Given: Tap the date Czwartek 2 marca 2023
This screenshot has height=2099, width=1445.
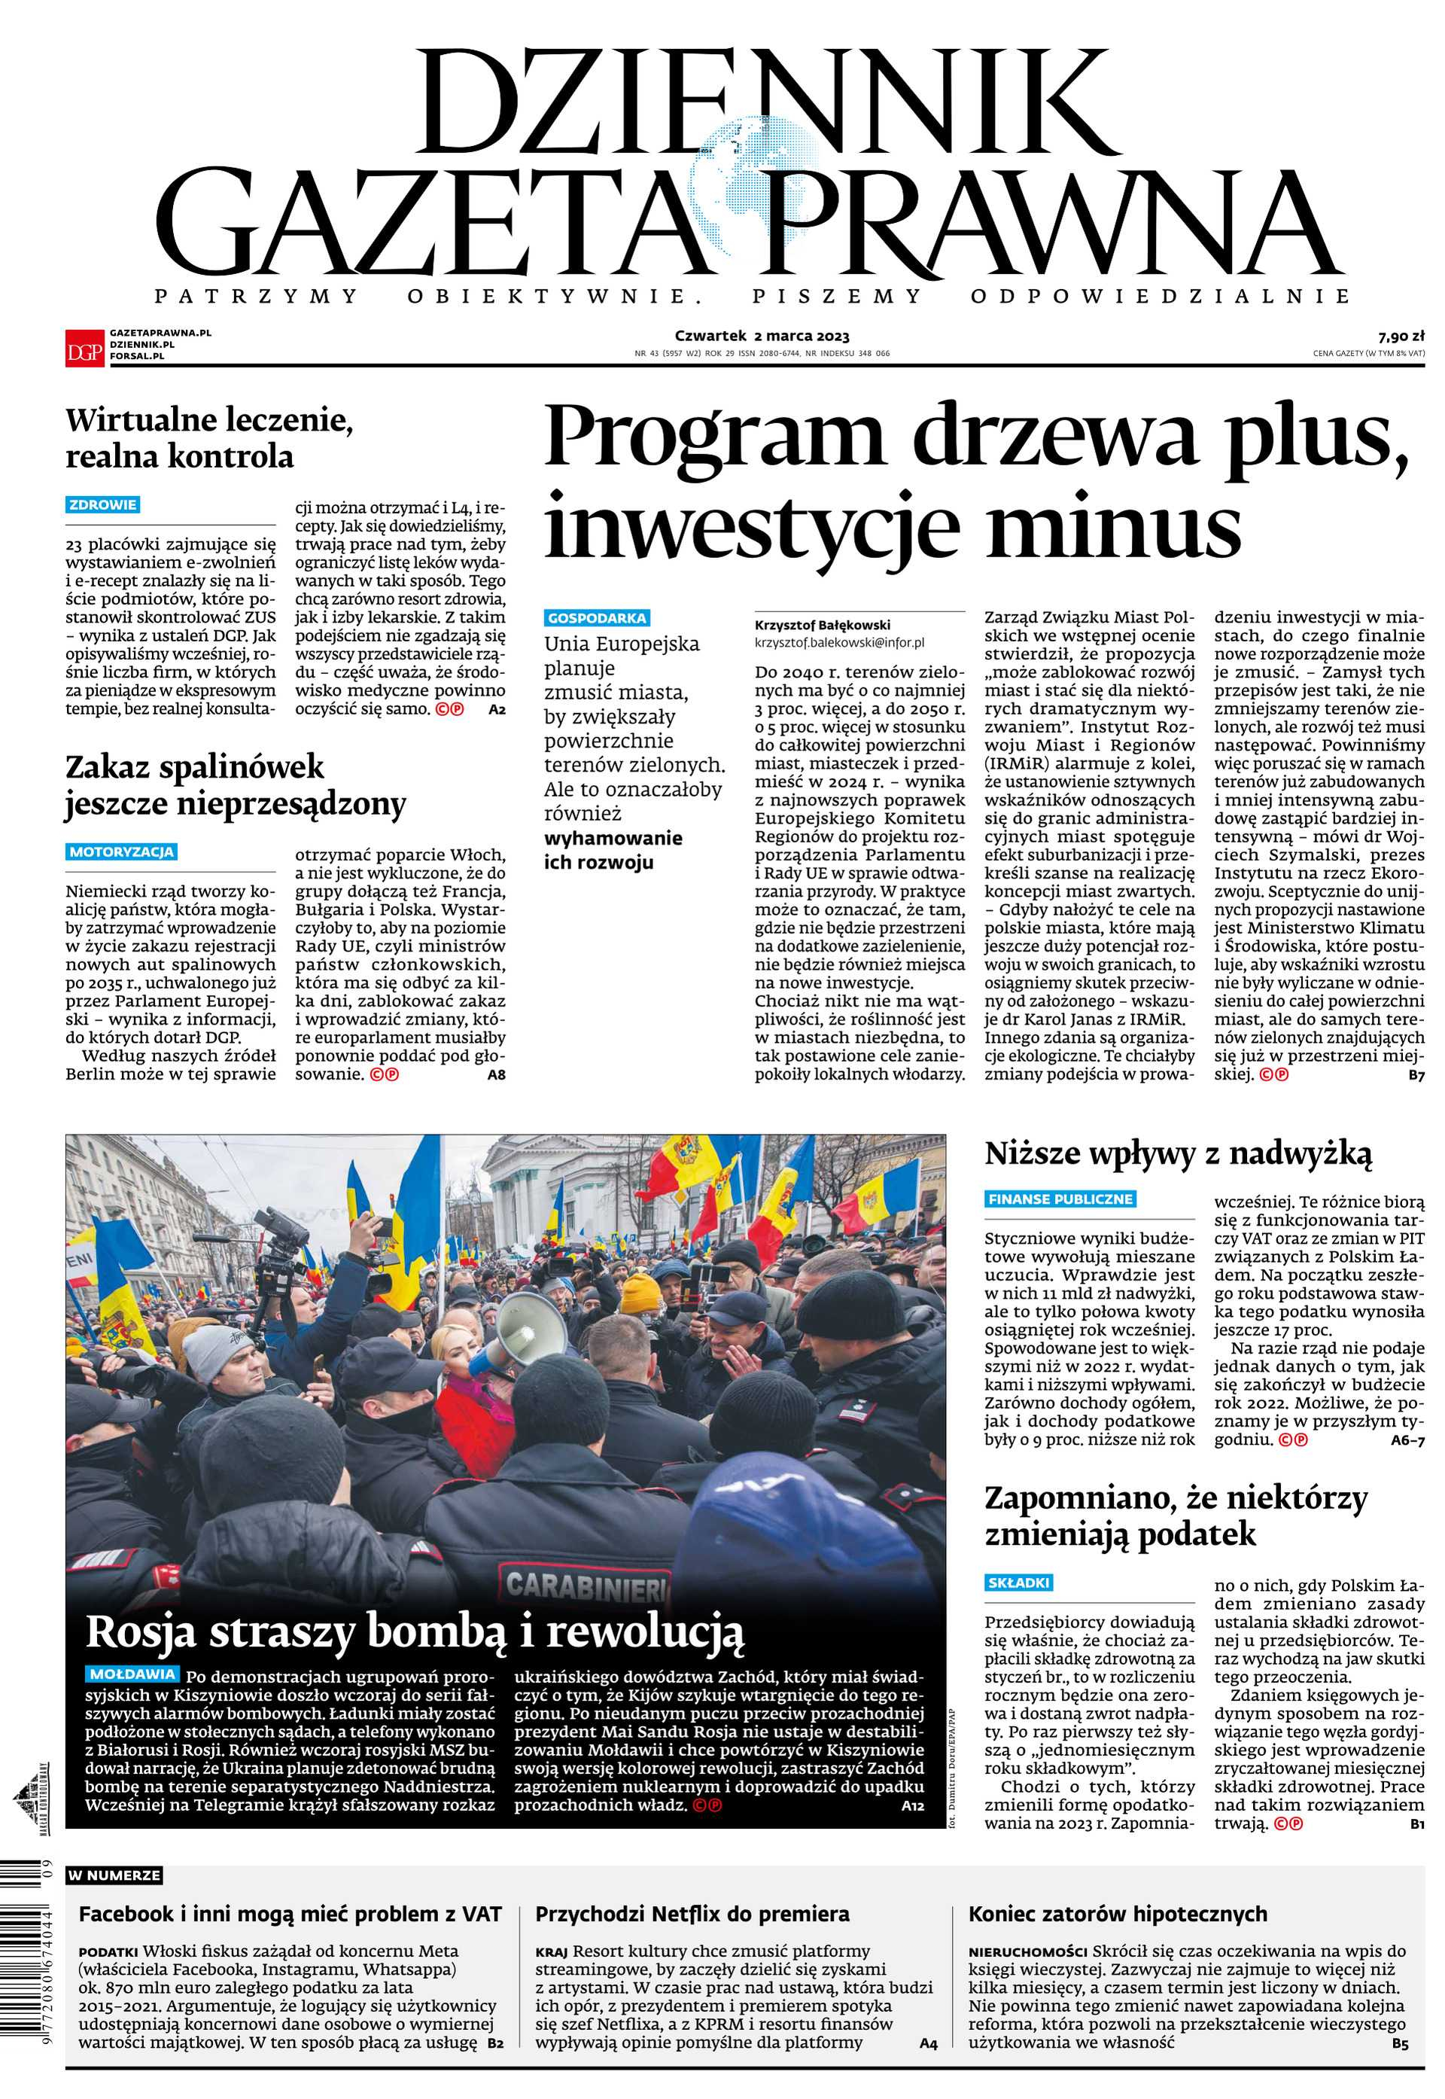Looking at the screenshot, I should tap(762, 336).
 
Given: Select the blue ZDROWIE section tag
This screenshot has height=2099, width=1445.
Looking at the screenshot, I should tap(102, 505).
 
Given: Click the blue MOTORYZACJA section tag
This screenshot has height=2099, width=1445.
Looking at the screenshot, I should tap(121, 852).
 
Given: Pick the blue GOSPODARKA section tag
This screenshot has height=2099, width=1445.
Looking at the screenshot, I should tap(597, 617).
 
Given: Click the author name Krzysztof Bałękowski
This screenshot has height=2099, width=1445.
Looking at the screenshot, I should tap(822, 625).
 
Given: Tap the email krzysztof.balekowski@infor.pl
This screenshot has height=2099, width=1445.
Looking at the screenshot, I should tap(839, 643).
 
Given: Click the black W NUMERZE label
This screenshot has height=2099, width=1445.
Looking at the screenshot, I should tap(114, 1875).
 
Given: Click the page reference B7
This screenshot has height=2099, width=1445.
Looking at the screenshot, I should tap(1416, 1076).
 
